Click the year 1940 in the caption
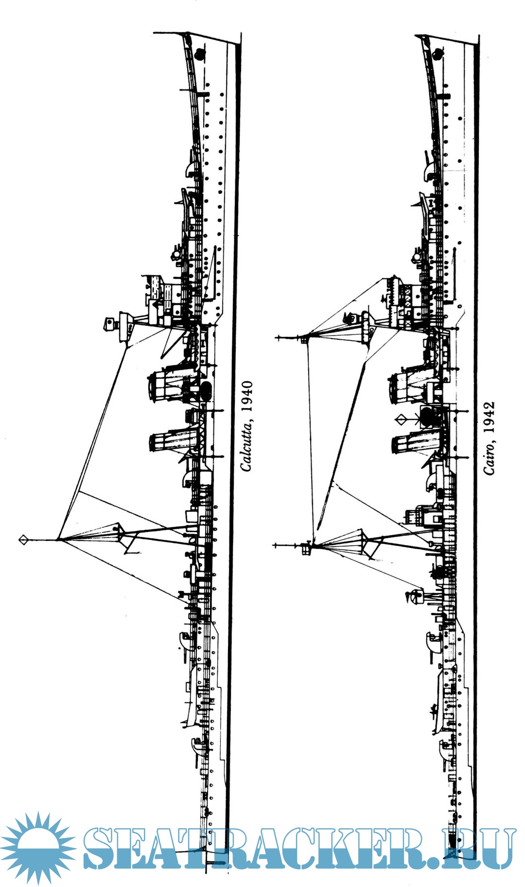pyautogui.click(x=247, y=397)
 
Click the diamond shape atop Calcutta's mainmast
pyautogui.click(x=23, y=539)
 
